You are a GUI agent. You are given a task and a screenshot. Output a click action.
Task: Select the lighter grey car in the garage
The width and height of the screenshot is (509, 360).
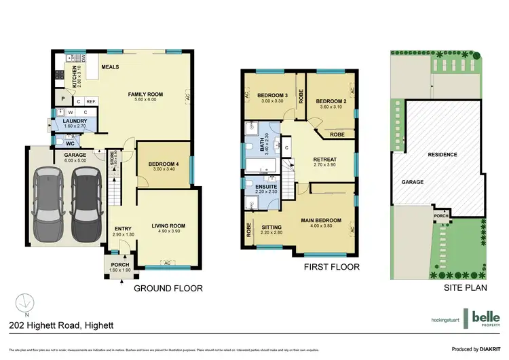tap(48, 198)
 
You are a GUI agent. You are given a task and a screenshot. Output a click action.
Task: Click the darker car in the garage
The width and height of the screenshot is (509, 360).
tap(85, 198)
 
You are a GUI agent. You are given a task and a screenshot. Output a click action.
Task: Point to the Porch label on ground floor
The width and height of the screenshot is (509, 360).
tap(120, 265)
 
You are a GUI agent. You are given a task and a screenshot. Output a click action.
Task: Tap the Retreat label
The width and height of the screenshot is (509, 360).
tap(324, 160)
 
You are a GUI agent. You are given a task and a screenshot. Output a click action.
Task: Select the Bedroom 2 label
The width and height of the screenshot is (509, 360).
tap(330, 100)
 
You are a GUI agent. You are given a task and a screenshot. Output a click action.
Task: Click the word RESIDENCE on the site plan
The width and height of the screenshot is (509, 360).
tap(442, 154)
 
